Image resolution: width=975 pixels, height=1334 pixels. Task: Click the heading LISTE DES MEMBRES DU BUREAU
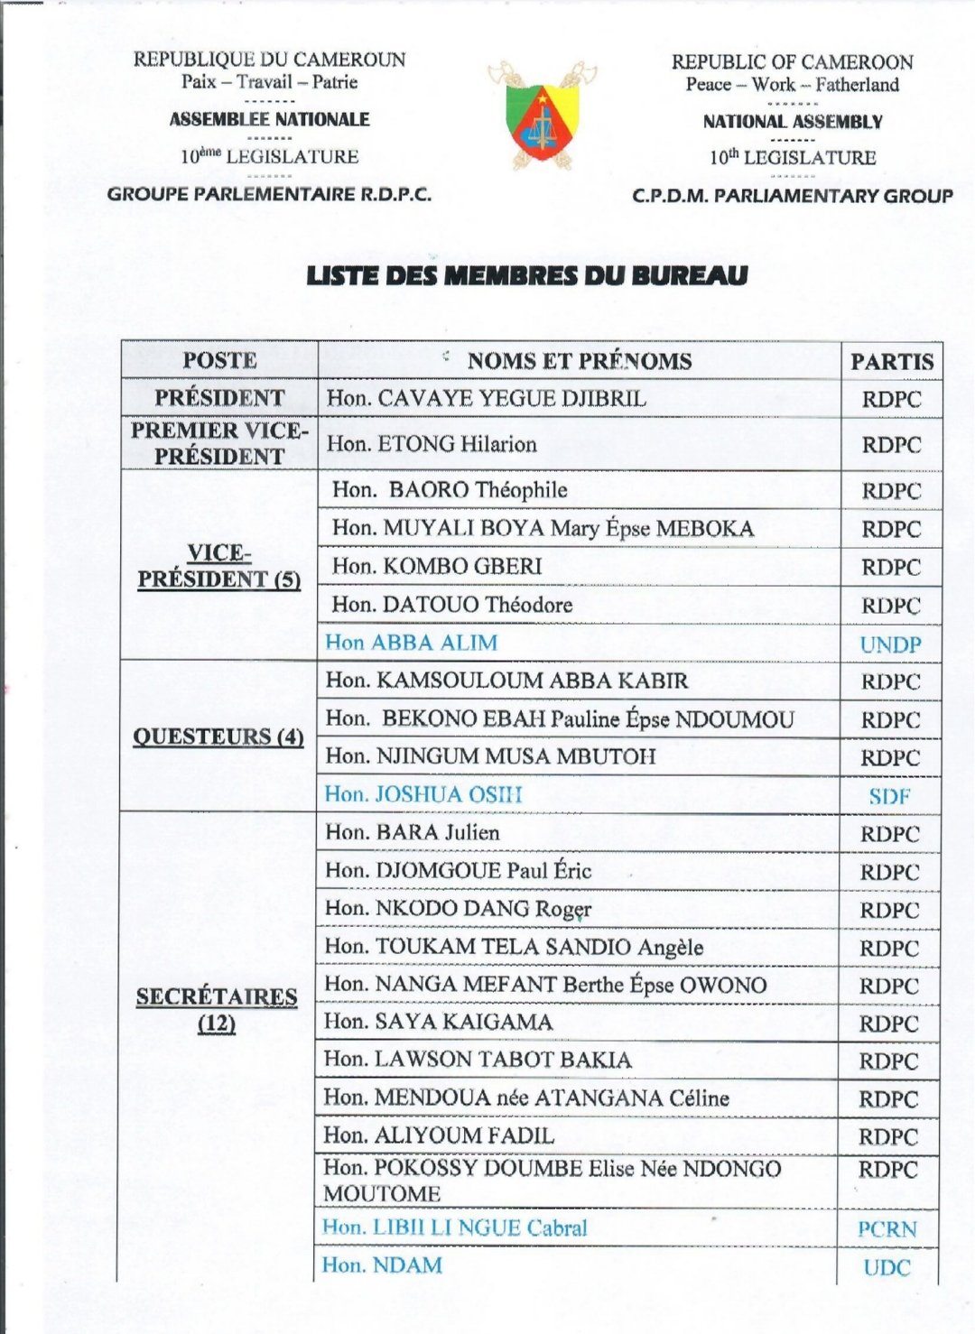click(526, 275)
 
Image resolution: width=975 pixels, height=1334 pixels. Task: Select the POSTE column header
click(219, 360)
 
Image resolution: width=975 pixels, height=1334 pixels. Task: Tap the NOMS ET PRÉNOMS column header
click(579, 361)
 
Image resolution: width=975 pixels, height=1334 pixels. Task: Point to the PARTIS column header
click(891, 362)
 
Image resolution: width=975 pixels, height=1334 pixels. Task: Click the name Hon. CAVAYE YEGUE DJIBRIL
click(486, 398)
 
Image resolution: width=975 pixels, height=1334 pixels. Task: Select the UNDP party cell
click(890, 644)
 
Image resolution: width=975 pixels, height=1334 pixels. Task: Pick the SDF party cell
click(889, 796)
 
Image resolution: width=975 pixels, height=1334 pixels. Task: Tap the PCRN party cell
click(887, 1229)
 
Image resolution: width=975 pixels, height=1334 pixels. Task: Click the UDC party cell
click(887, 1267)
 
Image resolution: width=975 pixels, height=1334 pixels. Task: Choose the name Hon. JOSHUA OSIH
click(422, 794)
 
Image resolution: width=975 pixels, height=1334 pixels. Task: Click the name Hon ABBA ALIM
click(411, 643)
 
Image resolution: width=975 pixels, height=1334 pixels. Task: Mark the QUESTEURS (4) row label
click(218, 736)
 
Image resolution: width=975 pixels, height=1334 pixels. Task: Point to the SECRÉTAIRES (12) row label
click(217, 1009)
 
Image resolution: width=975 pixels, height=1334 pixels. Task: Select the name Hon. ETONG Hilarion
click(432, 444)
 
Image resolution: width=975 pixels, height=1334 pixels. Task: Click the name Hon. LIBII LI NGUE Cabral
click(454, 1227)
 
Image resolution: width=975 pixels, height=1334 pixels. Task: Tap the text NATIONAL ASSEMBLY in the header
click(793, 122)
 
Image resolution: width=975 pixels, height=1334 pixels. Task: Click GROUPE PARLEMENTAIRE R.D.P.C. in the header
click(269, 194)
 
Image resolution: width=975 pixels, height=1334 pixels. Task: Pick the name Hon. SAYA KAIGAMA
click(438, 1022)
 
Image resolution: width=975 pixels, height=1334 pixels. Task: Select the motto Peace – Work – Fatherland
click(792, 85)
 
